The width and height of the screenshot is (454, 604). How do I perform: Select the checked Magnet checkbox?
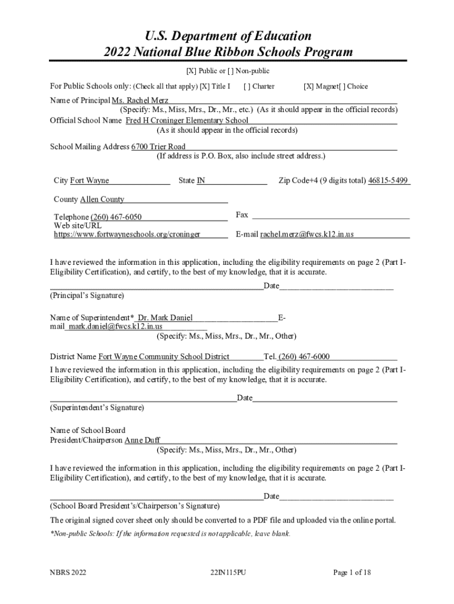[x=308, y=86]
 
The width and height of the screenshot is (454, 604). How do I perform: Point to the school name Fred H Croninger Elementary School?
[x=187, y=120]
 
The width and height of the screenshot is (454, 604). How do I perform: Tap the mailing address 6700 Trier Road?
[x=158, y=146]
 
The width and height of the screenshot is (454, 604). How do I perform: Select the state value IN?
[x=200, y=180]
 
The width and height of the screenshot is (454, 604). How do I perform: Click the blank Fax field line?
[x=330, y=217]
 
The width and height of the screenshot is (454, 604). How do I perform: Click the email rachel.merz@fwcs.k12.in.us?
[x=307, y=234]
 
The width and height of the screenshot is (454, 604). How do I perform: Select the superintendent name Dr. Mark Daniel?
[x=165, y=318]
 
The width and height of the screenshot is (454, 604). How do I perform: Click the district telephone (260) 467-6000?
[x=304, y=356]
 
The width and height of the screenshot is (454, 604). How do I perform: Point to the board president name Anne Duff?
[x=142, y=440]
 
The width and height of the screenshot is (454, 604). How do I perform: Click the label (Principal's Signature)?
[x=87, y=295]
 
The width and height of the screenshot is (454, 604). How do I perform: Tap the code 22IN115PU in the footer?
[x=228, y=572]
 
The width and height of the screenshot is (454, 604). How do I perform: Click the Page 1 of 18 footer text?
[x=351, y=572]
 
